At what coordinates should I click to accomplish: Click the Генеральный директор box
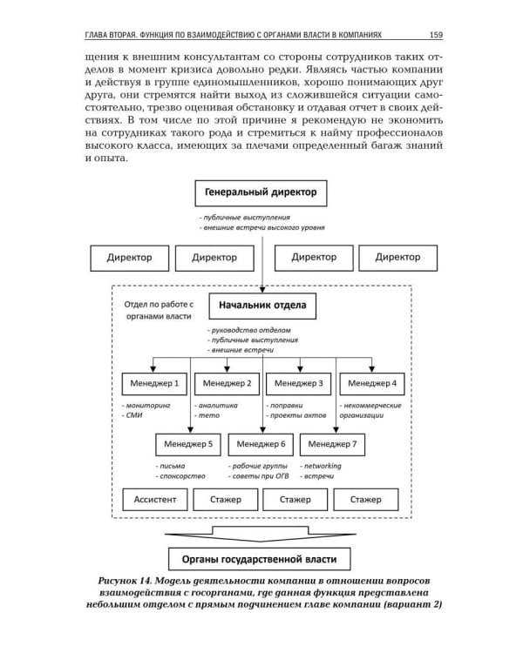tap(261, 192)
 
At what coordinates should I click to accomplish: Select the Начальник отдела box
tap(261, 306)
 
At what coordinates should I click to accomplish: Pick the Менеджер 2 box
tap(226, 383)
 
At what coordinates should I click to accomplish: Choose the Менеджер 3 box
tap(298, 383)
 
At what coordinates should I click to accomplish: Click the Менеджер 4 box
tap(370, 383)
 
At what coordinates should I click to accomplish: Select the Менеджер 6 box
tap(261, 444)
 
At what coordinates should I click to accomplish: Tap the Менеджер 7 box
tap(333, 444)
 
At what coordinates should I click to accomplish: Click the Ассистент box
tap(154, 500)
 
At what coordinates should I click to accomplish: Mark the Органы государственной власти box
tap(261, 558)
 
